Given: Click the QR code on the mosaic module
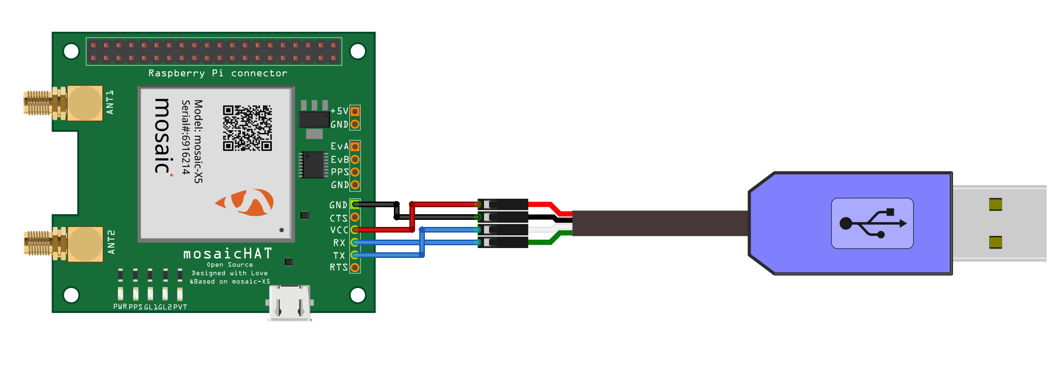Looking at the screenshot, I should [x=247, y=128].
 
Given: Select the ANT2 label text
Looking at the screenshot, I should [x=111, y=242].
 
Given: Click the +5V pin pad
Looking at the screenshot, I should [x=355, y=111].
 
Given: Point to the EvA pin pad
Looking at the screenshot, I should [x=355, y=147].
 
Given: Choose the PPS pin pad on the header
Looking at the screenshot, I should [x=355, y=172].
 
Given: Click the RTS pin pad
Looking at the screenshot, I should [x=355, y=268].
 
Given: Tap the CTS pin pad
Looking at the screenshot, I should [x=355, y=217].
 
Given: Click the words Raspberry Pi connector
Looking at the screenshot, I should [x=217, y=73].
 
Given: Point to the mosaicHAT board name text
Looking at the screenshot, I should [x=228, y=254].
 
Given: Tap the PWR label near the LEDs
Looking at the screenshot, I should [x=120, y=307].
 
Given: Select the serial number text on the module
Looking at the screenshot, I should [x=186, y=137].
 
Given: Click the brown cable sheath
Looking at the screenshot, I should [x=657, y=223].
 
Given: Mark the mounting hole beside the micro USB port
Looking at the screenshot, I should [x=358, y=295].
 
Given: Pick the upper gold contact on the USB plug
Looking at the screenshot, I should [x=995, y=204].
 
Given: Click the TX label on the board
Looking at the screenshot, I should [x=339, y=256].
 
